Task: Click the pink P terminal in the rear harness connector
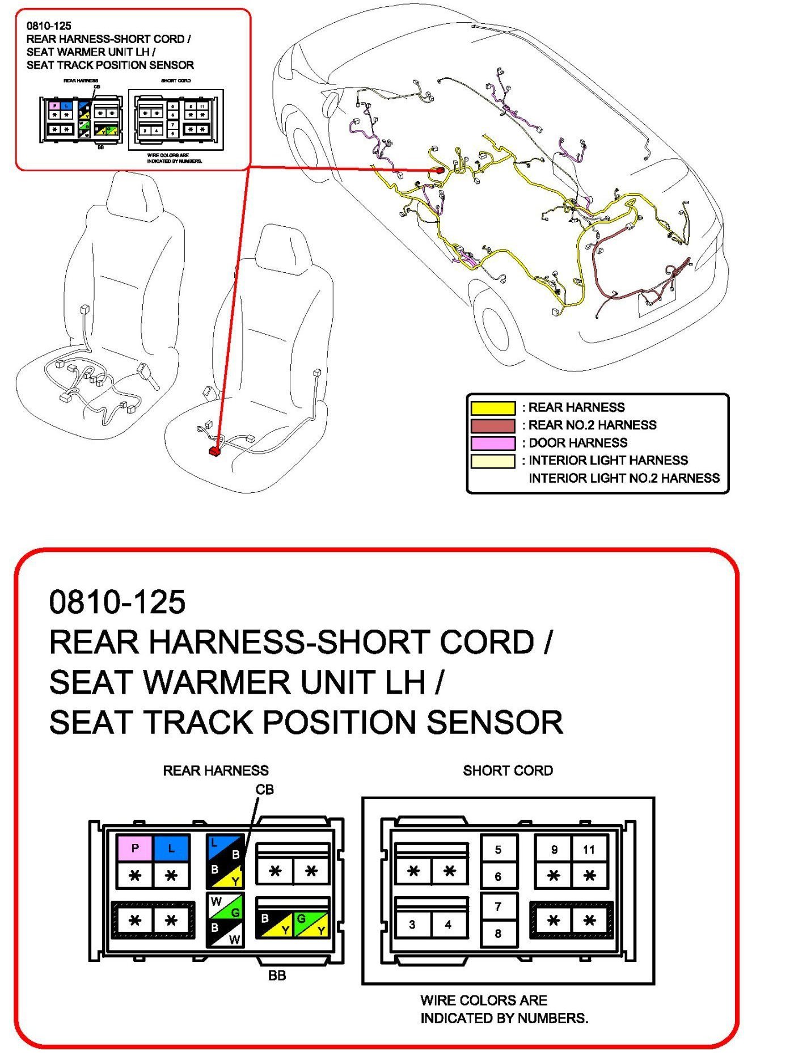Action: [134, 848]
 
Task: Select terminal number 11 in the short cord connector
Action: [589, 849]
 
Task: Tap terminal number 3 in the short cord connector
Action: [412, 925]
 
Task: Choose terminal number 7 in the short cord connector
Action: [498, 906]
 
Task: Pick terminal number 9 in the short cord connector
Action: [554, 849]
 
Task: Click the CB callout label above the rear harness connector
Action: [265, 790]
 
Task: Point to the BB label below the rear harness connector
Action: [277, 976]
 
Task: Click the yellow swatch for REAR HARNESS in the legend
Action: [493, 408]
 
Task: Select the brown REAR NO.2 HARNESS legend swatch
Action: [493, 425]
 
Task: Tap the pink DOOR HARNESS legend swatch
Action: [493, 443]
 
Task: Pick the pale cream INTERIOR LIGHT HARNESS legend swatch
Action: [493, 461]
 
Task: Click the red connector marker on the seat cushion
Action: [214, 451]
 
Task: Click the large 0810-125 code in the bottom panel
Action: [117, 602]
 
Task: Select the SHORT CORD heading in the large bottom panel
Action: [508, 770]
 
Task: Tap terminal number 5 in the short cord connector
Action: [498, 849]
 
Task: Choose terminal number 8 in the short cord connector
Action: [498, 934]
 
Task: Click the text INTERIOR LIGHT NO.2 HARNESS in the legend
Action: [624, 478]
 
